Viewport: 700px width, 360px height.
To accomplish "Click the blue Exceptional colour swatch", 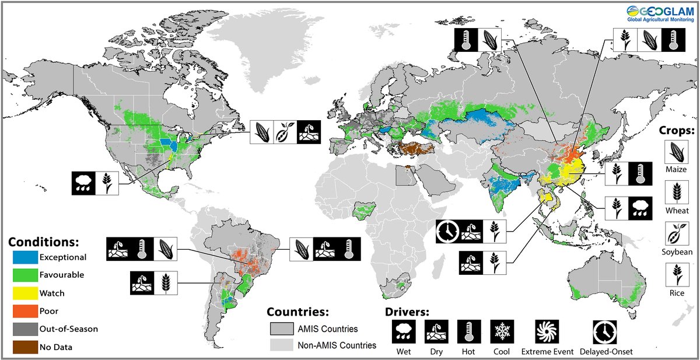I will coord(25,257).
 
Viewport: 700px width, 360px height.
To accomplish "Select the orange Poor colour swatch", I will coord(25,311).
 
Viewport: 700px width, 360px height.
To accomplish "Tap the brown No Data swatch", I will coord(25,347).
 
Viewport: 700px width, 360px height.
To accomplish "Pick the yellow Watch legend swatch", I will coord(25,293).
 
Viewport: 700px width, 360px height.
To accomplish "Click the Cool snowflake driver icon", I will coord(501,332).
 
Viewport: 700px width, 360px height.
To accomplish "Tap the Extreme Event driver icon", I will coord(547,332).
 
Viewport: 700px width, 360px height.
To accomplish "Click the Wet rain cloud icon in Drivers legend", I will coord(403,332).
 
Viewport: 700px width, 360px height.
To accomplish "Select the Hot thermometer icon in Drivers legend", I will coord(468,332).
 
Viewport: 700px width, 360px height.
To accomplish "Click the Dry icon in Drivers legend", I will coord(436,332).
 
